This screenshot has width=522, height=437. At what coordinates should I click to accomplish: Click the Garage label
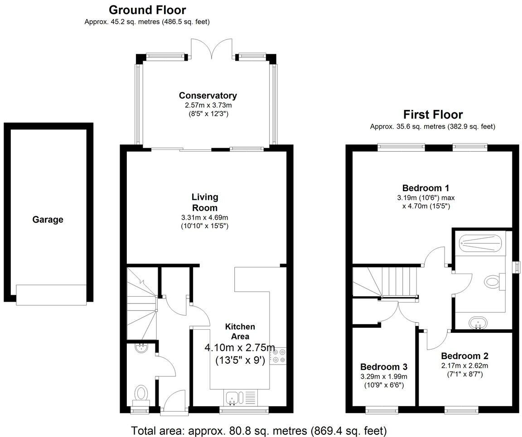click(x=48, y=220)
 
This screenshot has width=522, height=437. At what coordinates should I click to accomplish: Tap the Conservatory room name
click(x=208, y=96)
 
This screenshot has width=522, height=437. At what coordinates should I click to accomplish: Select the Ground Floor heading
click(x=147, y=10)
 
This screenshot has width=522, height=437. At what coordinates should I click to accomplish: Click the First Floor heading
click(x=433, y=115)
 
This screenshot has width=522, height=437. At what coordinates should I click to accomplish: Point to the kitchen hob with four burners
click(x=279, y=355)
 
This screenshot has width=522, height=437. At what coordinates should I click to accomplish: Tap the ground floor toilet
click(x=142, y=393)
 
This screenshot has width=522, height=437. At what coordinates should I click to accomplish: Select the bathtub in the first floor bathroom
click(x=481, y=245)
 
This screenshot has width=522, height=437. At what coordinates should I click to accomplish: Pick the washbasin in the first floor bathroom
click(x=478, y=323)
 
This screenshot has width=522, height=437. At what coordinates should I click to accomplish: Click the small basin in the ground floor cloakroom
click(x=142, y=347)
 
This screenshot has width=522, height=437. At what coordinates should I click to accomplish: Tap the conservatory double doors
click(x=210, y=49)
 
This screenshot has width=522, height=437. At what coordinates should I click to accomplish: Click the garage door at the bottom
click(x=51, y=294)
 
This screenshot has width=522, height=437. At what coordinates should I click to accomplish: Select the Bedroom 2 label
click(x=464, y=356)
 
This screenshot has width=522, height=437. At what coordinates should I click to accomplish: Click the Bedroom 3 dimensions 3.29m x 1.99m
click(x=384, y=376)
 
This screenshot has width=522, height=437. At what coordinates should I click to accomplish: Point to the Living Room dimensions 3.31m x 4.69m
click(x=205, y=217)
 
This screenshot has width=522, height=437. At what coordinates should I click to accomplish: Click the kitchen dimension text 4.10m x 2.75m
click(x=240, y=348)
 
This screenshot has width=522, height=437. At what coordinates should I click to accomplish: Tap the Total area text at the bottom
click(x=259, y=430)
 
